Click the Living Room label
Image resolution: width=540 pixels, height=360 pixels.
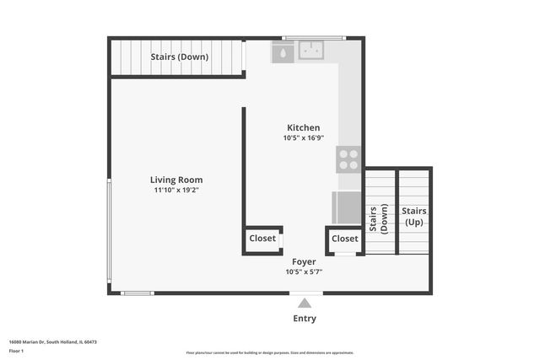[x=176, y=180]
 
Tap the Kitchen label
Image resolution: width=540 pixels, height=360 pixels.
[x=303, y=127]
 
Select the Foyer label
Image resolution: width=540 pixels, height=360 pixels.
[x=304, y=261]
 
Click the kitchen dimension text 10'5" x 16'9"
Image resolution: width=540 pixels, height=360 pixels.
[x=303, y=138]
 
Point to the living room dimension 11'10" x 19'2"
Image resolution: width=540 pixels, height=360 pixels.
[x=176, y=191]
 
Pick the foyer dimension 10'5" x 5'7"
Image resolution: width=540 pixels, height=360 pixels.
[x=304, y=271]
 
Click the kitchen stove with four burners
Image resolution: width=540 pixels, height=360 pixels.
[x=349, y=159]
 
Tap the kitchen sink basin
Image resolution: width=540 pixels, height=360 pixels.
[x=311, y=51]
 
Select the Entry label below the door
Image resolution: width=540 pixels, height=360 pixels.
[x=305, y=319]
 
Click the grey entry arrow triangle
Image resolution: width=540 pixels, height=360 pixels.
[x=305, y=303]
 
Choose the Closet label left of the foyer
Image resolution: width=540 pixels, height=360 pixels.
[x=262, y=239]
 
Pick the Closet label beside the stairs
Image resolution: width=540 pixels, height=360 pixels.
[x=344, y=239]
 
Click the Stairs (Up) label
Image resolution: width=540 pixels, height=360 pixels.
[x=413, y=217]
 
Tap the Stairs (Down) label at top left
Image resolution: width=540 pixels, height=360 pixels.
[x=180, y=57]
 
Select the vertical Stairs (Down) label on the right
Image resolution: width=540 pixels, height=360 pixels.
[x=378, y=218]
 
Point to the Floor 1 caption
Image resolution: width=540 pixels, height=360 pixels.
[x=16, y=350]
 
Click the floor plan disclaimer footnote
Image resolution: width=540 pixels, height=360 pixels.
[x=270, y=352]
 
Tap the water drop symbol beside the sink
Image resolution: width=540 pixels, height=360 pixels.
[x=283, y=52]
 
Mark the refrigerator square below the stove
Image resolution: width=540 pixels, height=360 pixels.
[x=347, y=207]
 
